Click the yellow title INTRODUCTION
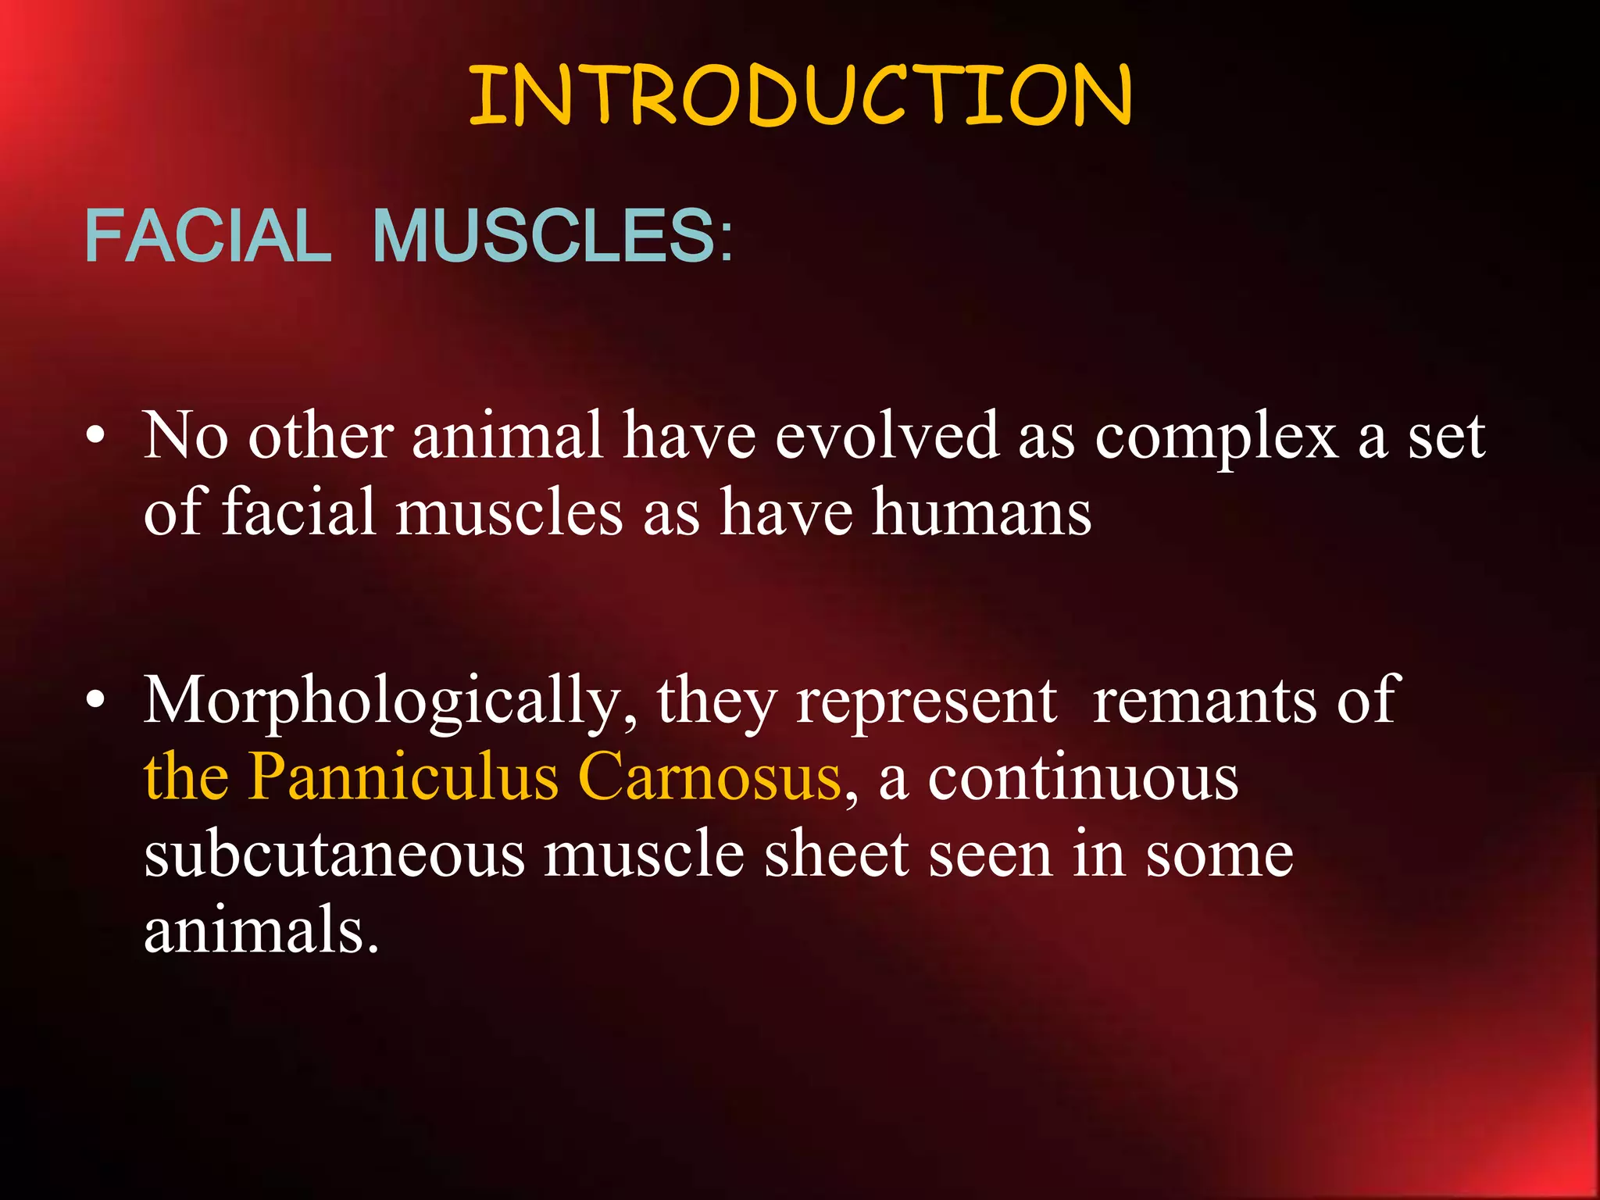pos(800,95)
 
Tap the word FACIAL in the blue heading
pos(208,236)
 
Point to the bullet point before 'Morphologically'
pos(95,701)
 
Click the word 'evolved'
pos(887,436)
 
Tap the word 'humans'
pos(982,512)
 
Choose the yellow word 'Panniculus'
pos(404,777)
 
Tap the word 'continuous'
pos(1084,777)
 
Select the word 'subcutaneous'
pos(334,855)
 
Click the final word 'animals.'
pos(262,930)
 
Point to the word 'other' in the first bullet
pos(320,436)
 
